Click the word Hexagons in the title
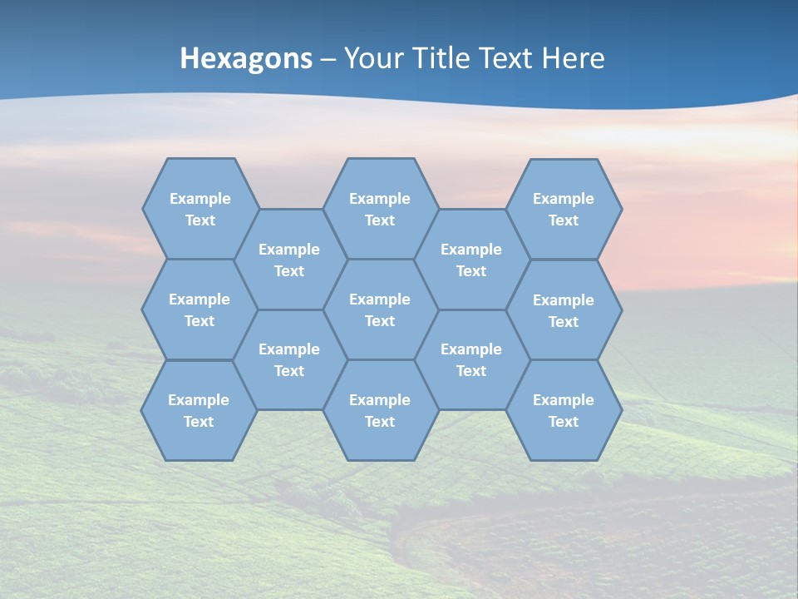pyautogui.click(x=246, y=58)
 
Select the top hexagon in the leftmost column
pyautogui.click(x=199, y=209)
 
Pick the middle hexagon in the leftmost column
pyautogui.click(x=199, y=309)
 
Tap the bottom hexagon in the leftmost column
pyautogui.click(x=199, y=410)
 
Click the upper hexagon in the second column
pyautogui.click(x=289, y=260)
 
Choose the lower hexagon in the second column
pyautogui.click(x=289, y=359)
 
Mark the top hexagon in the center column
pyautogui.click(x=380, y=209)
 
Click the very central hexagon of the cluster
pyautogui.click(x=380, y=309)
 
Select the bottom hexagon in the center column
pyautogui.click(x=380, y=410)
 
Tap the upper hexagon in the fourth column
pyautogui.click(x=471, y=260)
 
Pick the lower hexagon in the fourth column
pyautogui.click(x=471, y=359)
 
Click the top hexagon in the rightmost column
pyautogui.click(x=564, y=209)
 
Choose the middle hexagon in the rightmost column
pyautogui.click(x=564, y=310)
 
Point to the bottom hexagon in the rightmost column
pyautogui.click(x=564, y=410)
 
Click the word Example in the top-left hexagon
pyautogui.click(x=200, y=199)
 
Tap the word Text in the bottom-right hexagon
pyautogui.click(x=564, y=422)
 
